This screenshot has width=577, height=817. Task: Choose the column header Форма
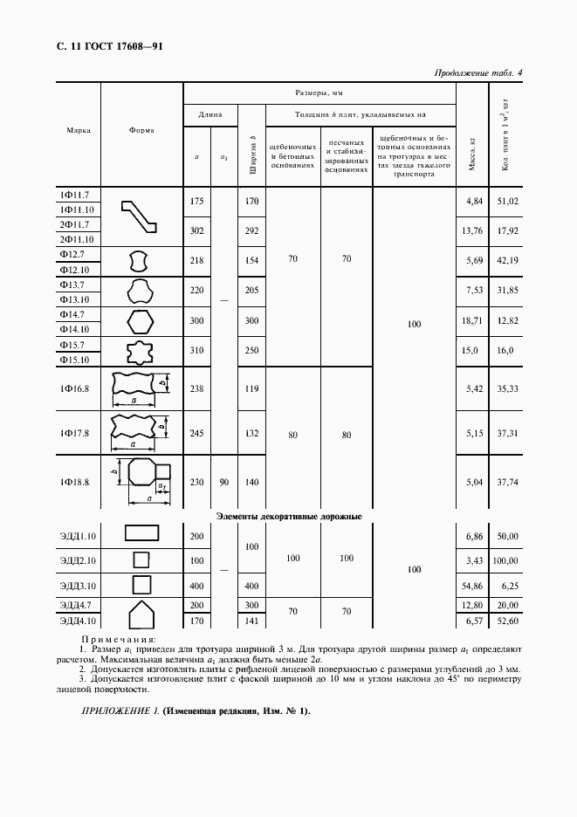click(x=141, y=131)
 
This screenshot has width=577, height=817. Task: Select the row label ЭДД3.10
click(x=79, y=582)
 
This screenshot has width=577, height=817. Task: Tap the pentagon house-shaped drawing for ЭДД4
click(x=141, y=614)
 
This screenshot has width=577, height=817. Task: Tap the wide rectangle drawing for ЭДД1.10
click(x=141, y=534)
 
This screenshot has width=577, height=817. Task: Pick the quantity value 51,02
click(x=506, y=202)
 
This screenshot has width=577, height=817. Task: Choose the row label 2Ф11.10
click(x=79, y=239)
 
